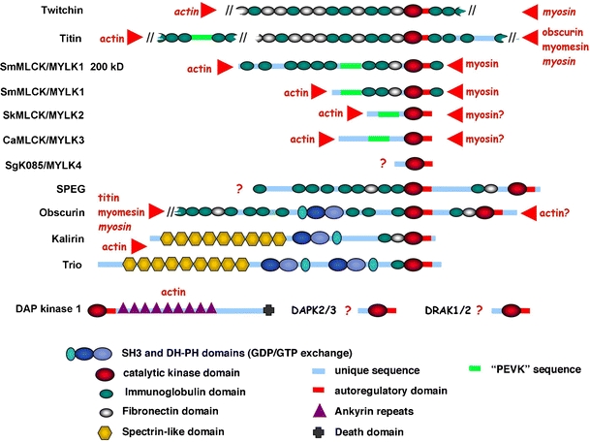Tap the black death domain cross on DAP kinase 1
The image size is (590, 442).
tap(268, 310)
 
